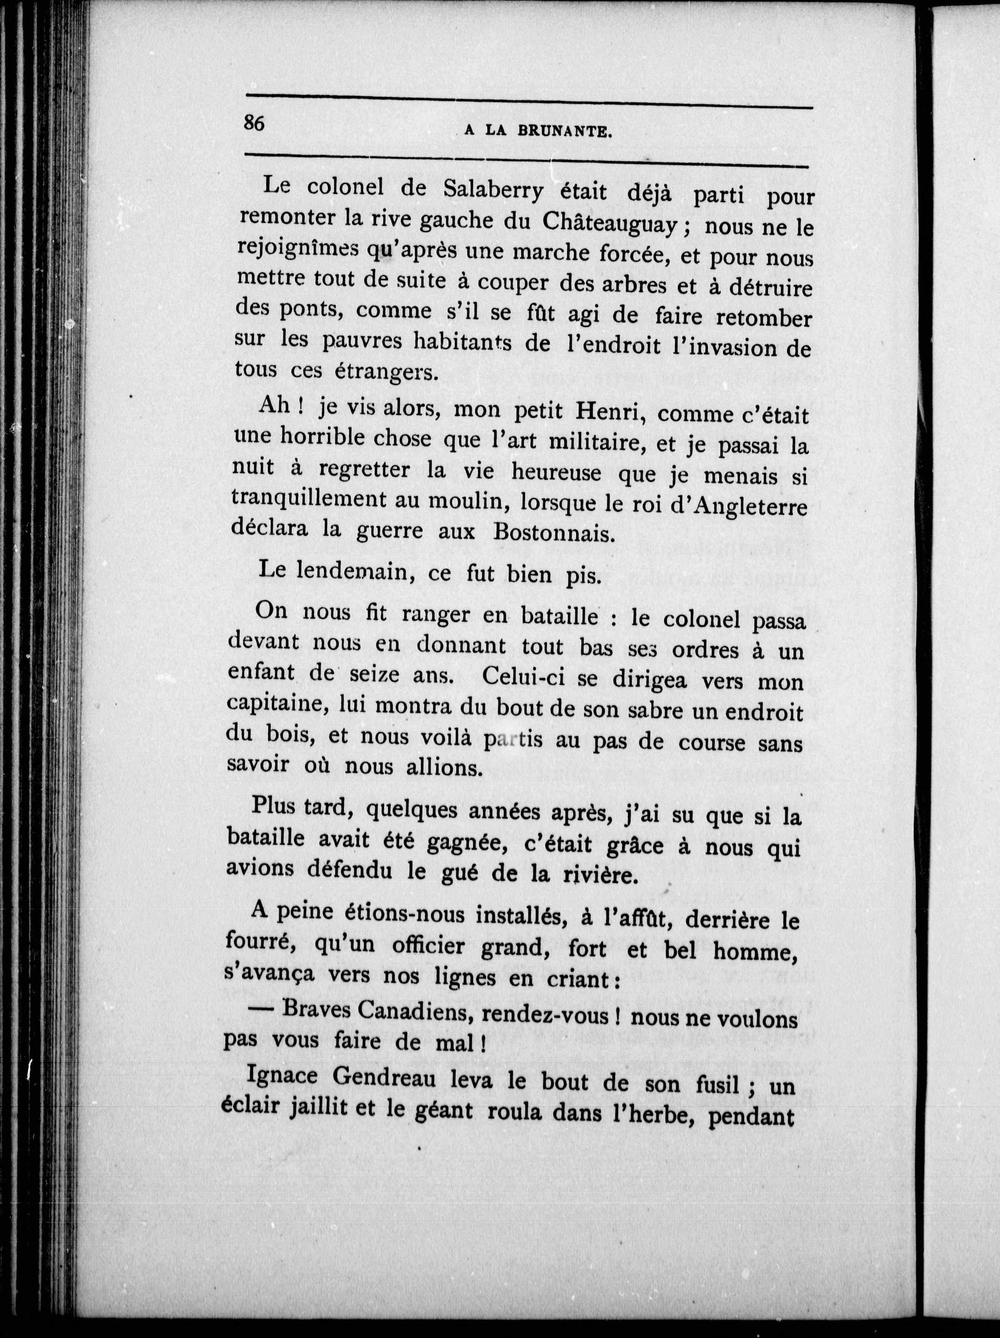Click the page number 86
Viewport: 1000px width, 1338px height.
255,123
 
